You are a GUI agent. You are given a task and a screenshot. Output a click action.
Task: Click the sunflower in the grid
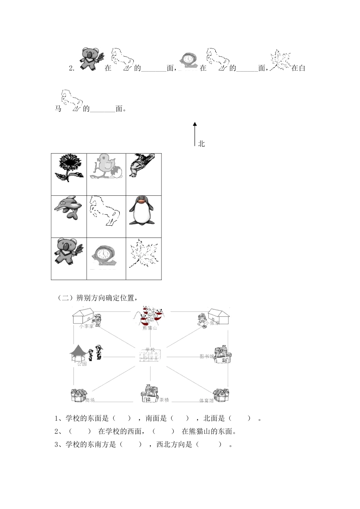[69, 168]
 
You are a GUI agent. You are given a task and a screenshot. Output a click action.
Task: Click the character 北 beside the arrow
[201, 144]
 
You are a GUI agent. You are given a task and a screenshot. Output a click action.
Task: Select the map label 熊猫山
[149, 328]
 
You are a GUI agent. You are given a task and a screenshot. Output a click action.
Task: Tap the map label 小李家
[86, 325]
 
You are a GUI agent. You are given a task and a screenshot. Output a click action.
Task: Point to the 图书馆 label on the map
[207, 356]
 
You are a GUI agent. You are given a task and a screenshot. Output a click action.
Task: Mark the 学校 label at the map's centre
[150, 350]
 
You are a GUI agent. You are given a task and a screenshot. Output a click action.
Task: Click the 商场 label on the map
[90, 400]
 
